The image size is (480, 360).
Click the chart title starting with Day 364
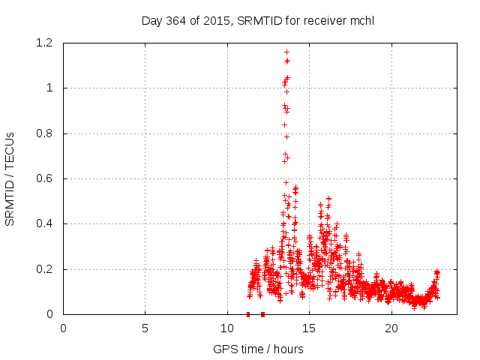(257, 20)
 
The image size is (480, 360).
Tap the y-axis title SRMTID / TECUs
(10, 178)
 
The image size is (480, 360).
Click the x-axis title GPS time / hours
(257, 349)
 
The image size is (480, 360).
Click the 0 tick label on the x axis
(63, 328)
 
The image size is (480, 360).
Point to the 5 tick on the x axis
(145, 328)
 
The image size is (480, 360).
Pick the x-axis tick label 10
(227, 328)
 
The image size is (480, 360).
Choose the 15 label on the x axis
(309, 328)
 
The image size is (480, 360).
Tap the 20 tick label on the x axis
(391, 328)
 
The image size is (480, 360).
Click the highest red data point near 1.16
(286, 52)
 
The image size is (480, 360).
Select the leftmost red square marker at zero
(248, 314)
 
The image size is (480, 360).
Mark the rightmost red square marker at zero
(262, 314)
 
